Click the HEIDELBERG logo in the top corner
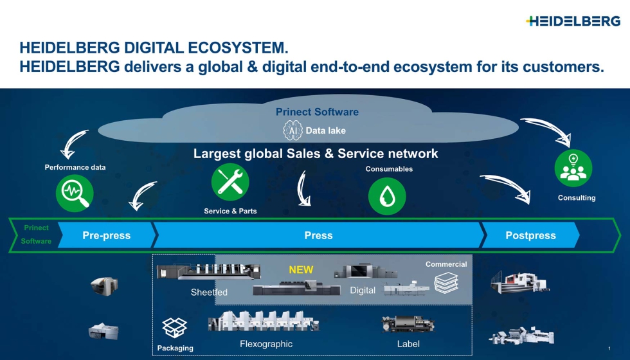pyautogui.click(x=573, y=21)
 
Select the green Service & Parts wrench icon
pyautogui.click(x=230, y=182)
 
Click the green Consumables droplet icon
pyautogui.click(x=387, y=196)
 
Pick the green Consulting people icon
pyautogui.click(x=573, y=168)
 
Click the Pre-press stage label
pyautogui.click(x=106, y=235)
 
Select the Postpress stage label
pyautogui.click(x=530, y=235)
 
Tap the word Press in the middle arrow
pyautogui.click(x=318, y=235)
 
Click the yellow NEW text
pyautogui.click(x=301, y=269)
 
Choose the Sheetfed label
pyautogui.click(x=209, y=292)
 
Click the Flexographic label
pyautogui.click(x=265, y=344)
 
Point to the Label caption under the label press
pyautogui.click(x=408, y=344)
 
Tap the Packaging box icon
pyautogui.click(x=174, y=328)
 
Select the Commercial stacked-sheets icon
pyautogui.click(x=446, y=283)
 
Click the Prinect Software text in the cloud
pyautogui.click(x=317, y=112)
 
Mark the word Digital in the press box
pyautogui.click(x=363, y=291)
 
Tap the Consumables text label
pyautogui.click(x=389, y=169)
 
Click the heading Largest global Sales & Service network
pyautogui.click(x=316, y=154)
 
